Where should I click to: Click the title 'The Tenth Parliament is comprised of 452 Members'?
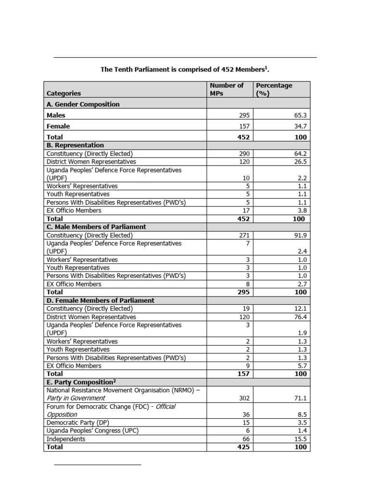[185, 69]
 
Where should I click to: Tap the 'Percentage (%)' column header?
[274, 89]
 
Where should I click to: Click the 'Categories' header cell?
[64, 93]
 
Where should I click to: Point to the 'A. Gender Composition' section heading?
[83, 104]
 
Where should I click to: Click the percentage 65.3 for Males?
[300, 116]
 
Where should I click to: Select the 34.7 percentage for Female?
[300, 127]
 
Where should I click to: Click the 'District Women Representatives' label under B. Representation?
[91, 162]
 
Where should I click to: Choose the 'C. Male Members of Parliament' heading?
[96, 227]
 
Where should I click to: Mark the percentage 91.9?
[300, 235]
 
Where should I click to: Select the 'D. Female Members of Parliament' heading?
[100, 300]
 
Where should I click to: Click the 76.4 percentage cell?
[300, 317]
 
